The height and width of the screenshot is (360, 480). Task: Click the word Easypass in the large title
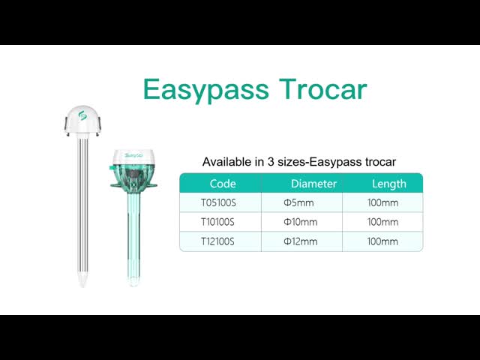(x=206, y=90)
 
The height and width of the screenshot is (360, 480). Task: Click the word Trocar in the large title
(x=323, y=89)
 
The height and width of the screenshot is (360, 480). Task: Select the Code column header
(x=223, y=183)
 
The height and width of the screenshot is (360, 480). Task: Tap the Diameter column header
(x=313, y=183)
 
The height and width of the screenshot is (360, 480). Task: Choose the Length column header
(x=389, y=184)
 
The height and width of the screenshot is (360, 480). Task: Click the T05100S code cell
(x=218, y=202)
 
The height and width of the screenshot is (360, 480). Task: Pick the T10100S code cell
(x=217, y=222)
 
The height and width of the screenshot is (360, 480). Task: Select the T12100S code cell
(x=217, y=241)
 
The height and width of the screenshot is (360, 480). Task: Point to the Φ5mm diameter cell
(x=298, y=202)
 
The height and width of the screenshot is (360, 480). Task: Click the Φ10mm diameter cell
(x=300, y=222)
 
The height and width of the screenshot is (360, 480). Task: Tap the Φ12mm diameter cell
(x=300, y=241)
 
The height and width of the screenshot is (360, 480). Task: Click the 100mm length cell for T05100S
(x=382, y=202)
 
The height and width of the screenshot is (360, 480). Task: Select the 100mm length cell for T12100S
(x=382, y=241)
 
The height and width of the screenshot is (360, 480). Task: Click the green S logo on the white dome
(x=82, y=115)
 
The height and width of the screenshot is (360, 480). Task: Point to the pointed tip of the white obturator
(x=82, y=286)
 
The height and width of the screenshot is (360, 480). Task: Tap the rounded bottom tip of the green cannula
(x=133, y=285)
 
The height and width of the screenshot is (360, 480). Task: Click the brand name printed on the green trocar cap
(x=133, y=155)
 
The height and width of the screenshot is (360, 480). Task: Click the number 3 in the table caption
(x=271, y=162)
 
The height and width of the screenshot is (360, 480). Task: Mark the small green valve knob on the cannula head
(x=111, y=167)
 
